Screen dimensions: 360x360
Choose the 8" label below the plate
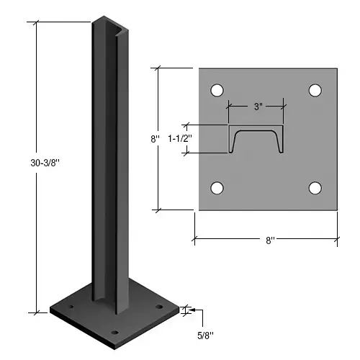(269, 240)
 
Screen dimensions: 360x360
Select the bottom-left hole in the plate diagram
(215, 188)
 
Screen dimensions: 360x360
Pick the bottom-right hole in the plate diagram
(315, 188)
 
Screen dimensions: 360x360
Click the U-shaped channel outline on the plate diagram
(256, 140)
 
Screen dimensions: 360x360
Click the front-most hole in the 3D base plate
(116, 333)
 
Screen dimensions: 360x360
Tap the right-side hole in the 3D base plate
(159, 307)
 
